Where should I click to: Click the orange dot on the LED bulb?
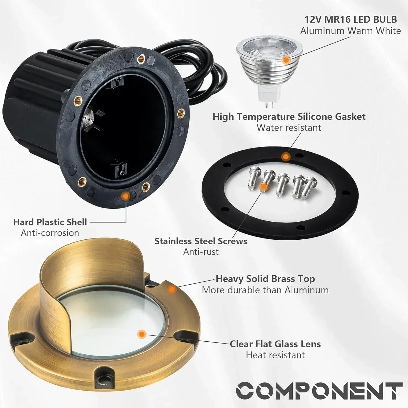click(x=286, y=60)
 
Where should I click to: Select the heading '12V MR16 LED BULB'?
click(x=350, y=19)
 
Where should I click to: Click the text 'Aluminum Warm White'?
click(x=350, y=31)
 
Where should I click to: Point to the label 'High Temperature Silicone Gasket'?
click(x=289, y=116)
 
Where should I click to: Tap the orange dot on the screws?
click(x=263, y=187)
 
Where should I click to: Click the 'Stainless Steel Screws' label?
click(x=201, y=241)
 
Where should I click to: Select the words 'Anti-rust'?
click(x=201, y=252)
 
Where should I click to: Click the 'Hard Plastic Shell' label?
click(x=50, y=222)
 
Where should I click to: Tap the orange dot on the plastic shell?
click(x=125, y=195)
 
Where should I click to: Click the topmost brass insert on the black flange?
click(x=141, y=58)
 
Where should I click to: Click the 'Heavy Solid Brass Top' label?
click(x=265, y=279)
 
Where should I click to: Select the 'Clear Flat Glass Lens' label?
click(x=275, y=344)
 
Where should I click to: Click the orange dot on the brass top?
click(x=171, y=290)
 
